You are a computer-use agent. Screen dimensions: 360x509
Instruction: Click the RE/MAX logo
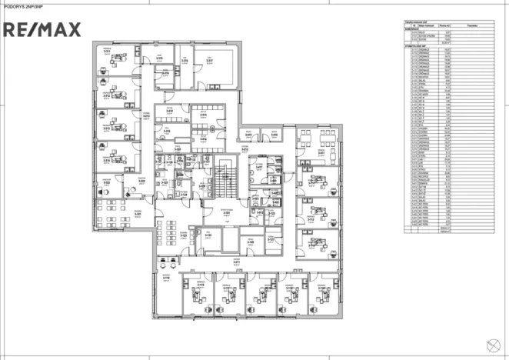pos(43,30)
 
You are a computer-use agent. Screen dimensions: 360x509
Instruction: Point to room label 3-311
pos(161,58)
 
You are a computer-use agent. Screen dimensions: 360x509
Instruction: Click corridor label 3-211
pos(227,262)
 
